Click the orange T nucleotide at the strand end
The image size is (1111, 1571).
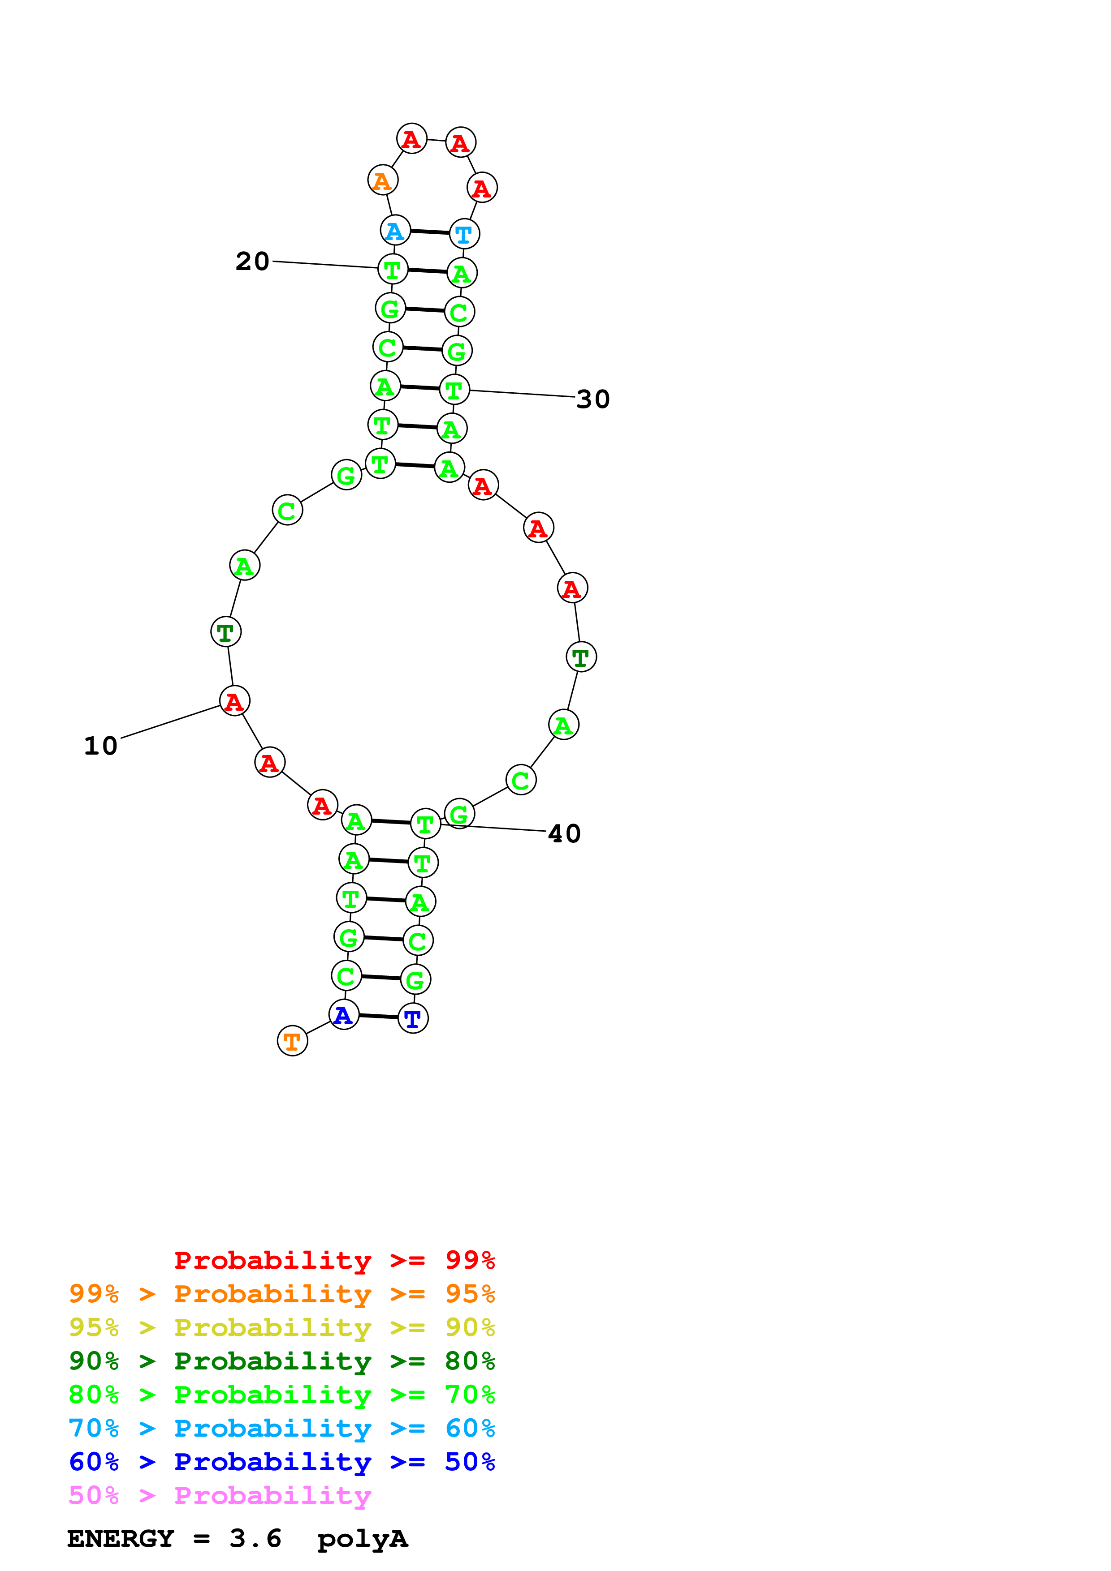[x=292, y=1041]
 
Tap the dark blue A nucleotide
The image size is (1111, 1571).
[x=344, y=1015]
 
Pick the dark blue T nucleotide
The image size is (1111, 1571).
[x=413, y=1018]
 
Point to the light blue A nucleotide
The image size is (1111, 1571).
[x=395, y=231]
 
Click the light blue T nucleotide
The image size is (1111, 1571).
[x=464, y=234]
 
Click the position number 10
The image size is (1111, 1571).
[x=101, y=746]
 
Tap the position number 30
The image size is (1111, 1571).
[x=593, y=399]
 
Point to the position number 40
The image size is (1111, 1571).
[x=565, y=834]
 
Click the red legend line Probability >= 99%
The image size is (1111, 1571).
[x=334, y=1260]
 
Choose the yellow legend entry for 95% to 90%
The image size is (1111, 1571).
[x=281, y=1327]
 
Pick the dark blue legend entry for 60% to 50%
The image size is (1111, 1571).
[x=281, y=1462]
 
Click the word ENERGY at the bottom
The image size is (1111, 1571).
[x=121, y=1539]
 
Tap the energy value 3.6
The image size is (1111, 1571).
[x=255, y=1539]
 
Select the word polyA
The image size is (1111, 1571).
[x=362, y=1539]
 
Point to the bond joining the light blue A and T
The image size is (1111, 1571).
[x=430, y=232]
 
